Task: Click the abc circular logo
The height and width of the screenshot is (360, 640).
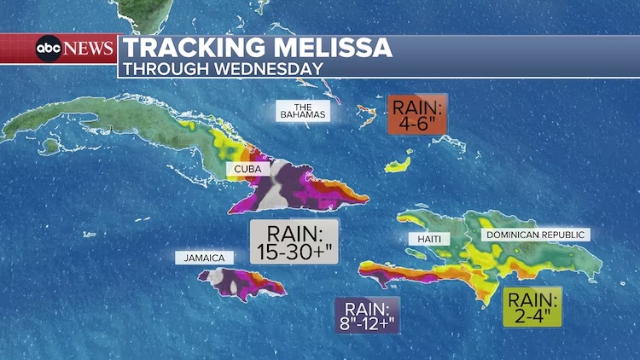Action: point(48,49)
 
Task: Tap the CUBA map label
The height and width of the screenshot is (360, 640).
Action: point(247,169)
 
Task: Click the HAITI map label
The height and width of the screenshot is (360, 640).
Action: point(428,239)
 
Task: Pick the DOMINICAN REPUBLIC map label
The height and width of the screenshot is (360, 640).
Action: point(536,234)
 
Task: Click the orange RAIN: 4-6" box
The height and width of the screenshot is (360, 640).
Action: point(418,114)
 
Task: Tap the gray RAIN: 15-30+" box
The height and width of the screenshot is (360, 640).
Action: point(294,241)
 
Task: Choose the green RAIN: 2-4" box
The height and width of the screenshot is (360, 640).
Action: point(532,307)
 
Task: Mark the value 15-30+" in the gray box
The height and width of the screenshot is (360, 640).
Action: point(294,252)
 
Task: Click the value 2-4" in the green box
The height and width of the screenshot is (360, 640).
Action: point(532,316)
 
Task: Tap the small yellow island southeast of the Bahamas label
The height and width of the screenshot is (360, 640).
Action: point(399,163)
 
